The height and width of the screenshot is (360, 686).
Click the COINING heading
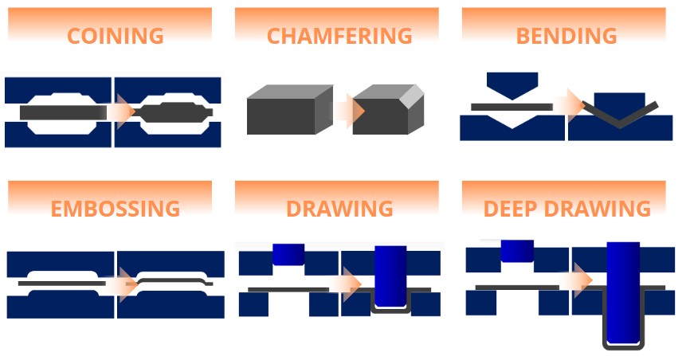[115, 36]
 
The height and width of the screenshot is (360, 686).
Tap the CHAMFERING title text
[339, 36]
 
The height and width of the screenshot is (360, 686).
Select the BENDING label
[566, 36]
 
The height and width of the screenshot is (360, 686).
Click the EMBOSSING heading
[115, 209]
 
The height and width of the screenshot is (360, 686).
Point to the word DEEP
[510, 209]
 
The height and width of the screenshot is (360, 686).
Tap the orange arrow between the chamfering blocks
[350, 111]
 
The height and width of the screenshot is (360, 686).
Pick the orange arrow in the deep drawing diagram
[578, 280]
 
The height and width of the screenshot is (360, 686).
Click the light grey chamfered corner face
[413, 96]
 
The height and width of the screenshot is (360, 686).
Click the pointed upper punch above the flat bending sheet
[512, 85]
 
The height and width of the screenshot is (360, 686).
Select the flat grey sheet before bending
[512, 107]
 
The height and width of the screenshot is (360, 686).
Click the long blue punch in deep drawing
[623, 292]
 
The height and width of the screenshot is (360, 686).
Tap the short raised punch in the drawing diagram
[288, 254]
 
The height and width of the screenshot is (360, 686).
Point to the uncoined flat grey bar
[63, 112]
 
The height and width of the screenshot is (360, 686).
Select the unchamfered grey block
[290, 110]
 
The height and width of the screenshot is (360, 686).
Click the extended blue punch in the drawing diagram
[390, 276]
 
